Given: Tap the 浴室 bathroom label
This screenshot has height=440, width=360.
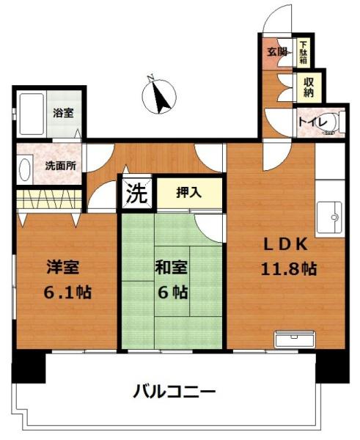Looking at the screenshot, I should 63,114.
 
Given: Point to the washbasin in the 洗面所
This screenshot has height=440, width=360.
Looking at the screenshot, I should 21,171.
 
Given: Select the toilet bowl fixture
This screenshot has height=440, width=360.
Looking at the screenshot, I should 336,123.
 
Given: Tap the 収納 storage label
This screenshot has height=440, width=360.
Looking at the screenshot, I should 309,87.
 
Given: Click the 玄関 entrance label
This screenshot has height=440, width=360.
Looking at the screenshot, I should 276,52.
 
